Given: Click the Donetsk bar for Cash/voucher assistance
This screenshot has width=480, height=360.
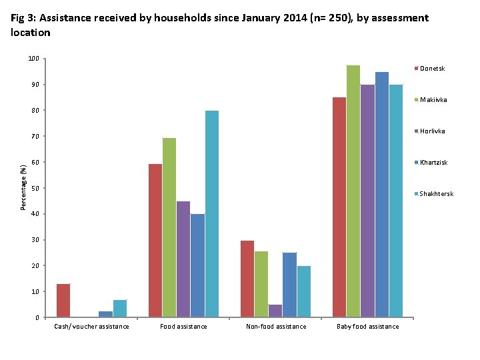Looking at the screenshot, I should click(x=63, y=301).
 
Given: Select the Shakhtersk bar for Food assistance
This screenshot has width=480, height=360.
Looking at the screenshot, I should click(x=212, y=214).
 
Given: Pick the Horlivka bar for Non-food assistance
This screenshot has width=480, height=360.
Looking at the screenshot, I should click(x=275, y=311).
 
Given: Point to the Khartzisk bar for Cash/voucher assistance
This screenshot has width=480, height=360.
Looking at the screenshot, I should click(x=105, y=314).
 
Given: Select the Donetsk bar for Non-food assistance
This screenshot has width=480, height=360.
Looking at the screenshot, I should click(x=247, y=279).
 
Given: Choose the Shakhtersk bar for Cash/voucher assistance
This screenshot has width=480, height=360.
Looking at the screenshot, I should click(x=120, y=309).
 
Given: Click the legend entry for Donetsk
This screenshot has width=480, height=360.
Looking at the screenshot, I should click(x=432, y=69).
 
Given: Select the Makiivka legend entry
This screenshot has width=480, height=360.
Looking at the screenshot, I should click(x=433, y=100).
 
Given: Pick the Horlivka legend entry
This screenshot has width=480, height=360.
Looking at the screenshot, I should click(x=433, y=131).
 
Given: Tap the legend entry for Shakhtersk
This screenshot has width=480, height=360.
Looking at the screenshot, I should click(x=436, y=194).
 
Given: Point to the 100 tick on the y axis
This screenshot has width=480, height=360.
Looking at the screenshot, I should click(x=33, y=59).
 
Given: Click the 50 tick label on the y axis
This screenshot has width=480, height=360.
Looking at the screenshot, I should click(x=35, y=188).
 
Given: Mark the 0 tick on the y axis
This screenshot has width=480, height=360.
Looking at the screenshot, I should click(x=37, y=317).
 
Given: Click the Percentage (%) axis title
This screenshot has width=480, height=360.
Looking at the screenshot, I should click(x=23, y=188).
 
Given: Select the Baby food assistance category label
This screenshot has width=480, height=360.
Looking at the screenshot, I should click(x=367, y=327).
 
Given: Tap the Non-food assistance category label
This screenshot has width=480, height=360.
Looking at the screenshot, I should click(x=276, y=327).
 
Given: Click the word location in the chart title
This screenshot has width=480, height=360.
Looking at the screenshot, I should click(x=31, y=33).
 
